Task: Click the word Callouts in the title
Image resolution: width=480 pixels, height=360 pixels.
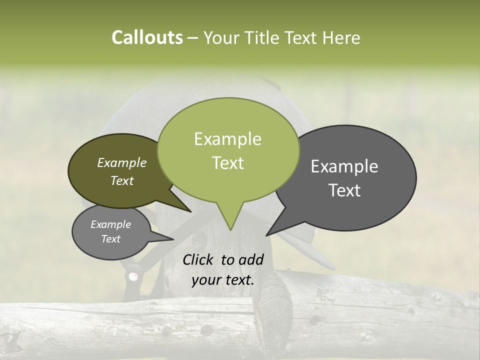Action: point(147,37)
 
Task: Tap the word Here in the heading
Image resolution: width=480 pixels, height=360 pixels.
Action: point(341,38)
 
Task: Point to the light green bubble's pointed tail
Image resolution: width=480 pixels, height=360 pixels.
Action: point(229,220)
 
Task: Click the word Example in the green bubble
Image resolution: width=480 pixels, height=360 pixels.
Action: point(227,139)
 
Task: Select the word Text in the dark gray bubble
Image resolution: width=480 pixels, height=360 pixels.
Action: point(345,190)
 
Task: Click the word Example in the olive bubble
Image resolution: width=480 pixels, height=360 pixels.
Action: point(121,162)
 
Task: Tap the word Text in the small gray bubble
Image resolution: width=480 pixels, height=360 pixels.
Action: point(110,239)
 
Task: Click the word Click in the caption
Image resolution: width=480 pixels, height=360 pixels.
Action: point(198,259)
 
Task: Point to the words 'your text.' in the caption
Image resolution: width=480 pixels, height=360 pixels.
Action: point(222,280)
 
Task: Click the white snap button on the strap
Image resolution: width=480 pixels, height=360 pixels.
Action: point(133,276)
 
